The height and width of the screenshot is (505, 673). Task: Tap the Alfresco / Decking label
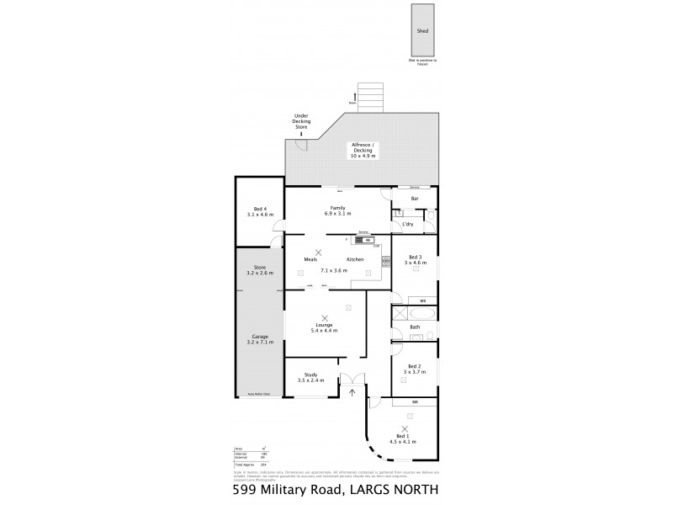pos(363,146)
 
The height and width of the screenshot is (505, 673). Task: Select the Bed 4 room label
pos(260,209)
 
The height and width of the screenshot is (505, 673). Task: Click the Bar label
pos(415,199)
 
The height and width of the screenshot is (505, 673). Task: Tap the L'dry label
pos(408,225)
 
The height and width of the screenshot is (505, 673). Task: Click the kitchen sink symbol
pos(368,240)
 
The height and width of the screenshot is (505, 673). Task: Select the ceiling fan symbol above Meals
pos(319,252)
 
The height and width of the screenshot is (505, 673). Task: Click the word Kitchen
pos(355,259)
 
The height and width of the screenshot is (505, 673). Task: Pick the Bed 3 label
pos(415,257)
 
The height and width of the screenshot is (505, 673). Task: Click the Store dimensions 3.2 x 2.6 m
pos(259,274)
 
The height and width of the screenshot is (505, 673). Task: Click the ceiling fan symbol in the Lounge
pos(325,317)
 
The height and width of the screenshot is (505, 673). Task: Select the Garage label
pos(259,337)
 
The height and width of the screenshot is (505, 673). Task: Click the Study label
pos(310,375)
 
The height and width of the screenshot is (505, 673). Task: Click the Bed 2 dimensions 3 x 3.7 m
pos(414,372)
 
